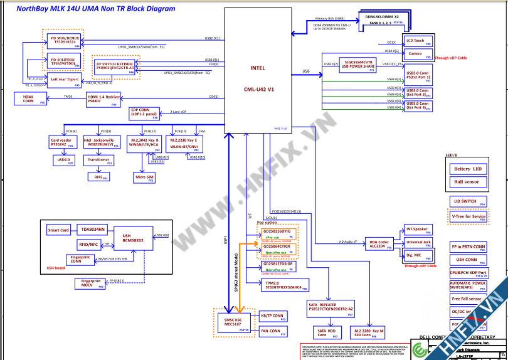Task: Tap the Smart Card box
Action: click(60, 230)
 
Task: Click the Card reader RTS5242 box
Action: click(62, 142)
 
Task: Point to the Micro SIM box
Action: click(144, 178)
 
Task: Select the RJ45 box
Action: click(98, 177)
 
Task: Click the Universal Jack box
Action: click(418, 243)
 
